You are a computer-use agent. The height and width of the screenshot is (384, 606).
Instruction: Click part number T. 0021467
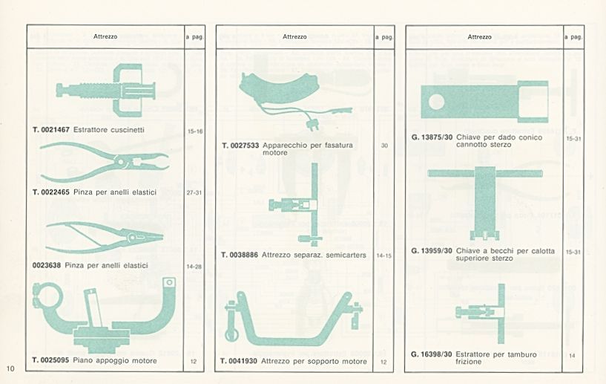coord(51,130)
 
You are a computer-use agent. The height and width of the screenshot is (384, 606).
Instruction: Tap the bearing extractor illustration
coord(106,90)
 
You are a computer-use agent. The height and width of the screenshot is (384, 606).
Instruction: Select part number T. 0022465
coord(51,192)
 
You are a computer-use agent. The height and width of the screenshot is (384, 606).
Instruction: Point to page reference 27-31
coord(194,192)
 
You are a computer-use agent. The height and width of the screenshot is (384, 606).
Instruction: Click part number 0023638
coord(47,266)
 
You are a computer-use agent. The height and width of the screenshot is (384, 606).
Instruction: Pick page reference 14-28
coord(194,267)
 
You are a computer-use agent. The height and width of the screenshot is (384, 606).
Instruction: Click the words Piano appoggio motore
coord(115,361)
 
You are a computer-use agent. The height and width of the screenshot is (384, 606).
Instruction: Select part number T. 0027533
coord(240,146)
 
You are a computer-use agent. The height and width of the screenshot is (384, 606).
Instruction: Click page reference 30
coord(384,146)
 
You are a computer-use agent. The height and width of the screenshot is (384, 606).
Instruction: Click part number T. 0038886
coord(240,255)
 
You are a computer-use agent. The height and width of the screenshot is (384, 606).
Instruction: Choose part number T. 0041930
coord(239,361)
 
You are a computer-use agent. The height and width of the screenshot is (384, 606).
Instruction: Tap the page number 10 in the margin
coord(10,368)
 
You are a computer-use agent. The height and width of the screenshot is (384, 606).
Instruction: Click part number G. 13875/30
coord(432,137)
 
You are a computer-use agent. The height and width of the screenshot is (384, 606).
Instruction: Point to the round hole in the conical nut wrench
coord(436,102)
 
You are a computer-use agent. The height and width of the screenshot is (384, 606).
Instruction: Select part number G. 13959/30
coord(432,251)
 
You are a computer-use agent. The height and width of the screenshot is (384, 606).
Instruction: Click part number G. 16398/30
coord(431,354)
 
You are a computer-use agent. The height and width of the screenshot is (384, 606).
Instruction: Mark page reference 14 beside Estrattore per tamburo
coord(572,355)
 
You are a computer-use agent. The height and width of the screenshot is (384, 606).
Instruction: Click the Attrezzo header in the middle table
coord(294,37)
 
